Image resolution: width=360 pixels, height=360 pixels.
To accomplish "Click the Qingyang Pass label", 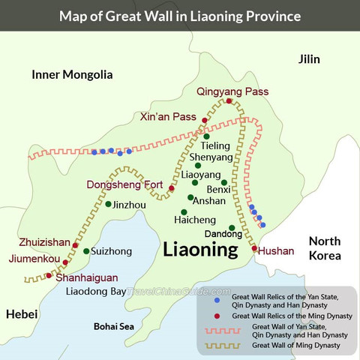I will click(x=231, y=91).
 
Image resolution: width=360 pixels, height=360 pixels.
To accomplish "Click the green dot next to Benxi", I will click(x=224, y=182).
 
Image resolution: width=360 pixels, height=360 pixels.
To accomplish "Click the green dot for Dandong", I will click(x=232, y=227).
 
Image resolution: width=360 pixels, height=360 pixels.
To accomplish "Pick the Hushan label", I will click(x=275, y=251).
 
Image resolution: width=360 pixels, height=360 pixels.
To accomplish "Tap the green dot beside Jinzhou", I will click(x=109, y=204).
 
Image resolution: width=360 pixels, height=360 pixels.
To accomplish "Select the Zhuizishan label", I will click(x=44, y=244).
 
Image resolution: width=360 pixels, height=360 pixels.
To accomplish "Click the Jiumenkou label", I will click(x=33, y=259).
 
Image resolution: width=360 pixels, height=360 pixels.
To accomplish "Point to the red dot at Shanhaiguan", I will click(x=49, y=276).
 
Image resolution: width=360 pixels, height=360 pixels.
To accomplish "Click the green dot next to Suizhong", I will click(x=86, y=251).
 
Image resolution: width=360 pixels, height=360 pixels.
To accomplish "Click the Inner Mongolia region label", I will click(x=72, y=74).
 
